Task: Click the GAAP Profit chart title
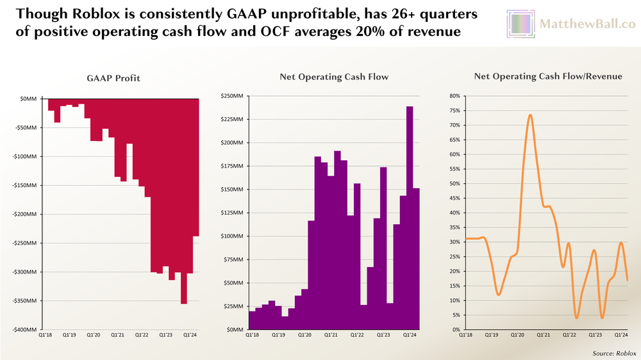coord(113,78)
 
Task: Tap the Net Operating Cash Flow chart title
coord(334,78)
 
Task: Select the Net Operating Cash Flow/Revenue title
coord(548,77)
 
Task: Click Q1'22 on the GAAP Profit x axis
coord(142,335)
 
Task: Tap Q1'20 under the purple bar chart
coord(304,335)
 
